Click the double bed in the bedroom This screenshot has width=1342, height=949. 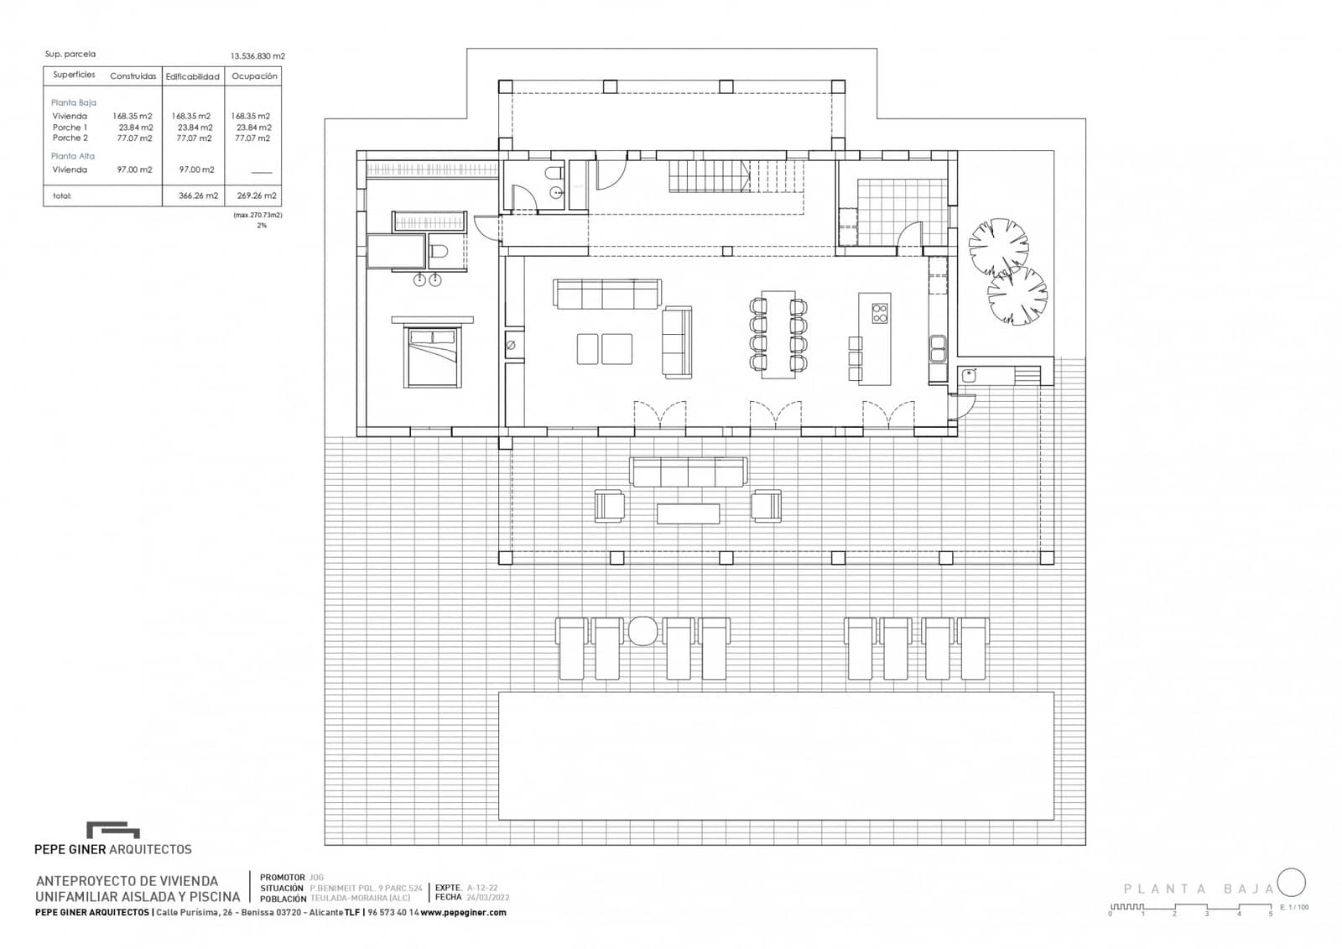pos(433,357)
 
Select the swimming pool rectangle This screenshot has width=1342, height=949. pos(776,755)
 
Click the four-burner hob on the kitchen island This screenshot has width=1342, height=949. pos(879,314)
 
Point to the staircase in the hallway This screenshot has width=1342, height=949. pos(710,176)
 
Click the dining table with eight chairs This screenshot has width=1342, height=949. pos(778,334)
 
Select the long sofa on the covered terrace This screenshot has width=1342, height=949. pos(688,472)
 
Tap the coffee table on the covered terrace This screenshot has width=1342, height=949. pos(688,513)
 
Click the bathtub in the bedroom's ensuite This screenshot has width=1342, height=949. pos(396,251)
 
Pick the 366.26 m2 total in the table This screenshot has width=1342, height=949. pos(198,196)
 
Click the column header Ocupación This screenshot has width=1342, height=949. pos(254,76)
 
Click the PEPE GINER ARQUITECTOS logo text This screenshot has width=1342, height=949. pos(112,849)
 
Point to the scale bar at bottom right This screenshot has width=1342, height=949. pos(1191,907)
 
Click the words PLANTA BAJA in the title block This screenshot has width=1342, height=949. pos(1198,889)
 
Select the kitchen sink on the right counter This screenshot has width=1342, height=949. pos(937,347)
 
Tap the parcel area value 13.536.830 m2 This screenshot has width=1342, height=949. pos(257,56)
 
